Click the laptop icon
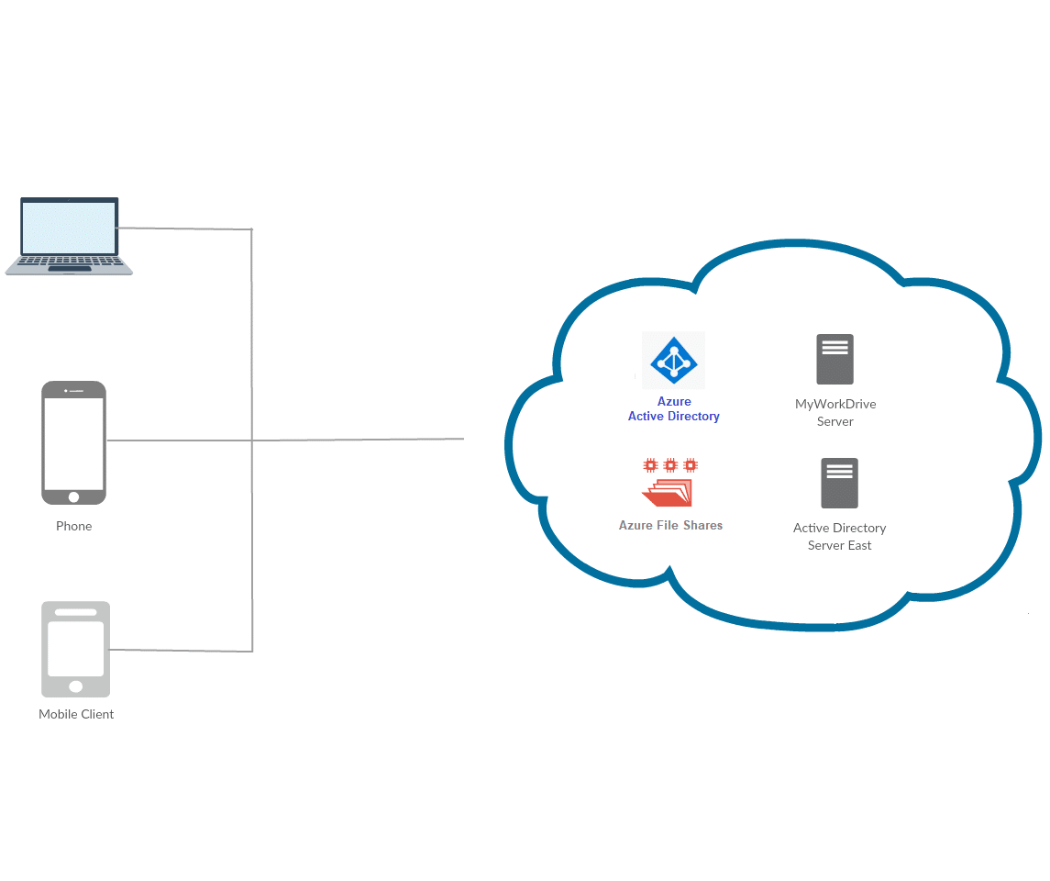point(69,236)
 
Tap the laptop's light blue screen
point(70,228)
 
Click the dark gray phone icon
point(73,442)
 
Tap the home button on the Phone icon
point(73,496)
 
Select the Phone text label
point(73,526)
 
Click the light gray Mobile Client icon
point(75,649)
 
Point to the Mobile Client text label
point(76,714)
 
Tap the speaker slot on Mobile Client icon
point(75,612)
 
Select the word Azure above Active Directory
point(674,401)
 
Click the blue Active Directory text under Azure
point(674,416)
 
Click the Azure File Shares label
point(670,525)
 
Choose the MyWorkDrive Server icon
point(834,359)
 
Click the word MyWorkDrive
point(835,404)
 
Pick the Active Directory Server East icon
point(839,483)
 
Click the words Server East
point(839,545)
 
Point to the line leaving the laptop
point(183,228)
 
